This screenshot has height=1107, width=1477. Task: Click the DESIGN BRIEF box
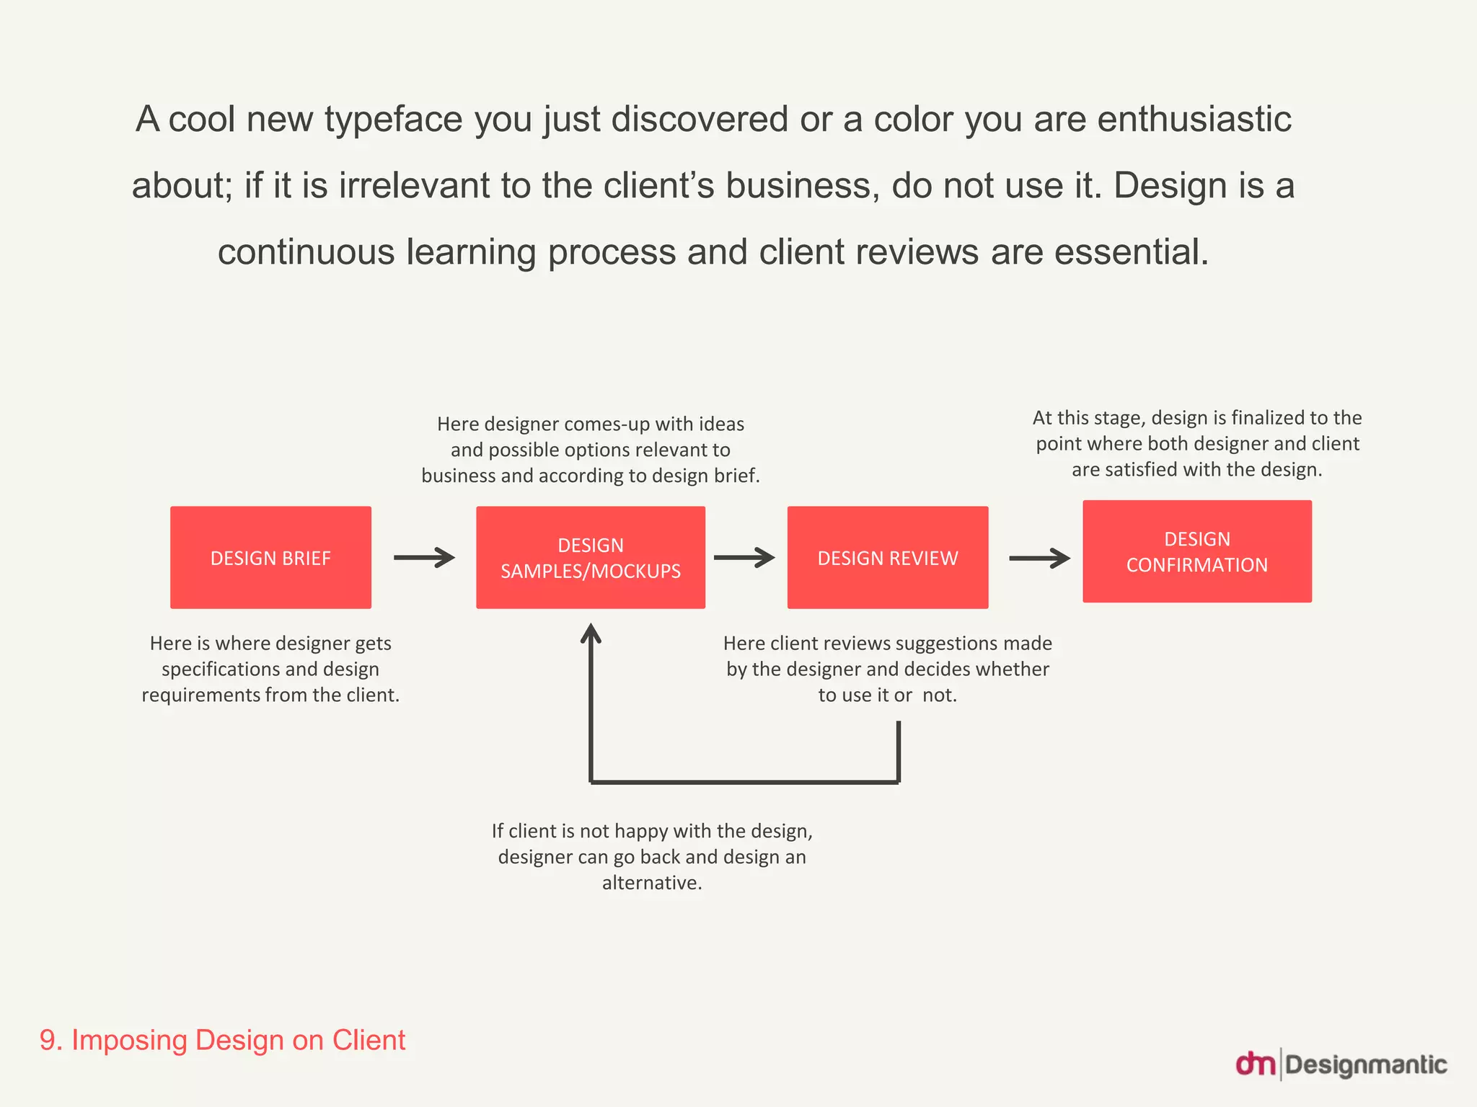coord(270,557)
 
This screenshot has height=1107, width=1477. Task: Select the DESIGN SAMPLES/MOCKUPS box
coord(591,557)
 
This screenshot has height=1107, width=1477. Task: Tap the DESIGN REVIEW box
coord(888,557)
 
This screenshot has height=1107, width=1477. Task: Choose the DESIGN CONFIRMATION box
coord(1197,551)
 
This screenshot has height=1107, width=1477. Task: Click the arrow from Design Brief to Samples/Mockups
coord(424,557)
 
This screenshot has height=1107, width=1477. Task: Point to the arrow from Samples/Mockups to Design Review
coord(744,557)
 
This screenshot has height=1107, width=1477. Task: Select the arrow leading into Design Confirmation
coord(1039,558)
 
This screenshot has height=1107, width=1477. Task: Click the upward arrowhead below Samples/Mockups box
coord(591,633)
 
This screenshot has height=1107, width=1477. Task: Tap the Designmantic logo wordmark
coord(1366,1064)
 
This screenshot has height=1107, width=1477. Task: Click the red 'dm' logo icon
coord(1256,1064)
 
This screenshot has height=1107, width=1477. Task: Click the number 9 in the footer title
coord(48,1040)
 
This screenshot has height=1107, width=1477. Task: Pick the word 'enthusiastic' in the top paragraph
coord(1194,119)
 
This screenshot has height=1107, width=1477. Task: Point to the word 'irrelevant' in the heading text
coord(415,185)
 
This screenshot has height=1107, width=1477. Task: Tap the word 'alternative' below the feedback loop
coord(651,883)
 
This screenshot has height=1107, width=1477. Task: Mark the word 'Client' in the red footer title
coord(369,1040)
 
